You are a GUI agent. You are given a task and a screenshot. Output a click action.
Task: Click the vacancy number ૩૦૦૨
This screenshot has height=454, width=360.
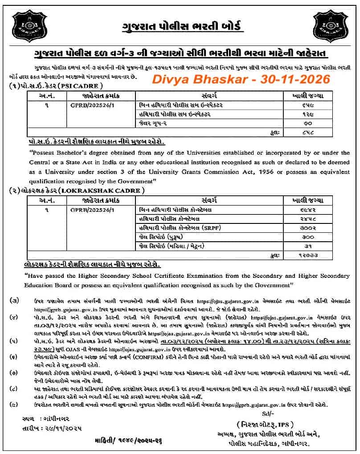308,228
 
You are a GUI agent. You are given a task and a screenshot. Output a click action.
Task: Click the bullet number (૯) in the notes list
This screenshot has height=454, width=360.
16,405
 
